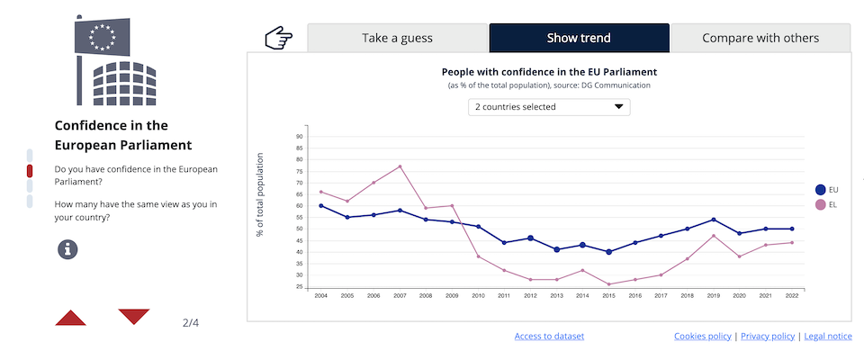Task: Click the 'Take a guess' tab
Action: point(397,38)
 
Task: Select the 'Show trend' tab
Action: point(579,38)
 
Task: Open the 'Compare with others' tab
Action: point(760,38)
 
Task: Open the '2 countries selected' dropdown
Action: point(549,107)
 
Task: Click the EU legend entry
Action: point(825,190)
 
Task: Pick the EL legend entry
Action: point(825,205)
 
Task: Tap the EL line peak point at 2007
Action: point(400,166)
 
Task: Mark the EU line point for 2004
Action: point(321,205)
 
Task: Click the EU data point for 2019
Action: point(714,220)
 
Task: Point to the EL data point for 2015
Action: point(609,284)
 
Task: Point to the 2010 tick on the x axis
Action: point(478,296)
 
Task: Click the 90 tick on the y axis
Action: point(299,137)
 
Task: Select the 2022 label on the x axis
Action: point(792,296)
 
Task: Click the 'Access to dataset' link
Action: point(549,337)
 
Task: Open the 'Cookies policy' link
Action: point(702,337)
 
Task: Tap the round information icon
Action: point(68,249)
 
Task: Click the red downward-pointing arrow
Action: point(134,316)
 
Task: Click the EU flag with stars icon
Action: point(102,37)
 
